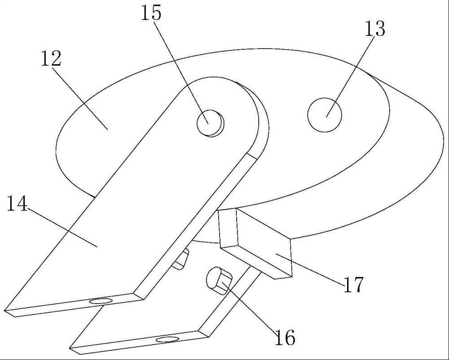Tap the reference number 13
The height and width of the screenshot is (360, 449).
(x=375, y=29)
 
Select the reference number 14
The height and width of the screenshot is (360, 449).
(x=17, y=204)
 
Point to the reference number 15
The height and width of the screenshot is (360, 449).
(x=151, y=13)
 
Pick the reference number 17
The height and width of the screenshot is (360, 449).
(x=354, y=285)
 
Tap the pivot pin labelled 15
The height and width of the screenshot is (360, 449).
(x=210, y=122)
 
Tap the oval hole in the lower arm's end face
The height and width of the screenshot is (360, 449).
(x=167, y=339)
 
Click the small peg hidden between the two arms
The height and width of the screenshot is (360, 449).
(x=181, y=259)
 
